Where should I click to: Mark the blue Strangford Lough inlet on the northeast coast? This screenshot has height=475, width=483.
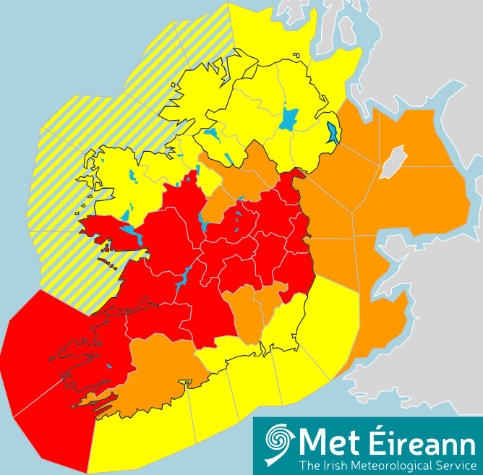(333, 132)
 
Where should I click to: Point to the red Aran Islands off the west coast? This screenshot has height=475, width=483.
(107, 262)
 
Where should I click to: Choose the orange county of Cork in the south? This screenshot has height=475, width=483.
(159, 376)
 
